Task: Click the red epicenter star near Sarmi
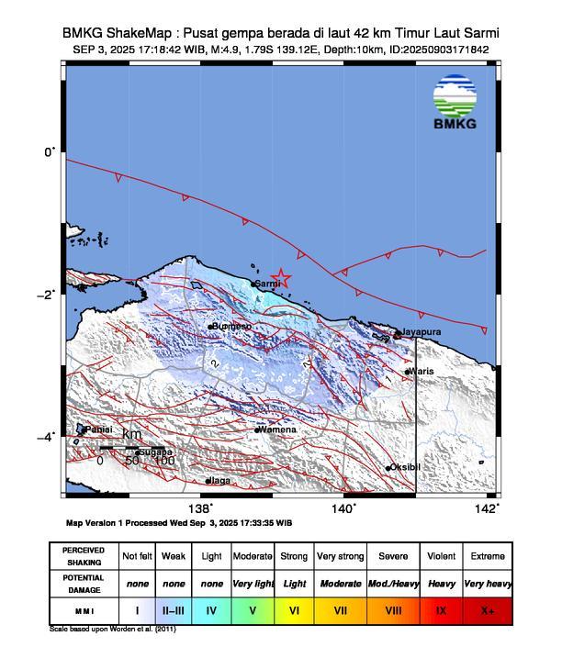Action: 282,278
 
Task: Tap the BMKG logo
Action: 455,106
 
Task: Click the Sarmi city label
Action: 268,284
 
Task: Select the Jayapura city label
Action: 422,331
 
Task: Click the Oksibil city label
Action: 406,467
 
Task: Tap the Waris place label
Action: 421,371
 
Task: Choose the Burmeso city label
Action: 232,326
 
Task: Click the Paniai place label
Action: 98,429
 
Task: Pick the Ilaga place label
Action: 219,480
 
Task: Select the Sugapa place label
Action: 155,452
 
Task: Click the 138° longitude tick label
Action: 200,508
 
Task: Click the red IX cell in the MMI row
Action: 441,609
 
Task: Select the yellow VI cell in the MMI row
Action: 295,609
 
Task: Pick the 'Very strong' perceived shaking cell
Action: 340,556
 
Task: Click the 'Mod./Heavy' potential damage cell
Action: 392,583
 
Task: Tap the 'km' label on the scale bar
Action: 131,434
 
